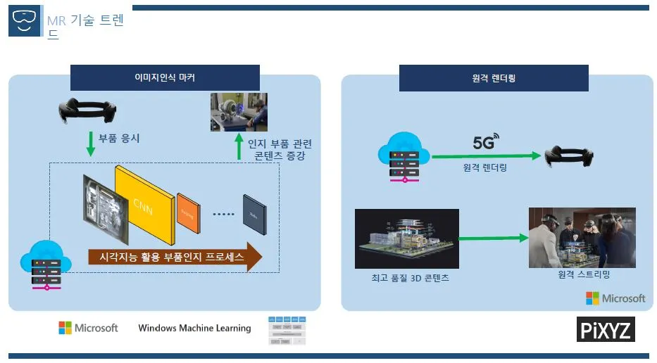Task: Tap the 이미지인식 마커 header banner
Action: (x=165, y=77)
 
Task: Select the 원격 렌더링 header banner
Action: (x=494, y=77)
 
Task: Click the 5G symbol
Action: (x=485, y=142)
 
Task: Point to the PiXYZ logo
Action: (x=606, y=329)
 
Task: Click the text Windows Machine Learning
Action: (x=194, y=328)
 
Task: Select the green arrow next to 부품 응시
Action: (x=90, y=143)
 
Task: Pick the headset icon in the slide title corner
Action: (x=23, y=23)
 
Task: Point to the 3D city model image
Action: (x=407, y=239)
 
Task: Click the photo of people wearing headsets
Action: (x=582, y=237)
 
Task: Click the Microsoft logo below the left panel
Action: (x=88, y=328)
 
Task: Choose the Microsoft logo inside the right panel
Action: (x=615, y=298)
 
